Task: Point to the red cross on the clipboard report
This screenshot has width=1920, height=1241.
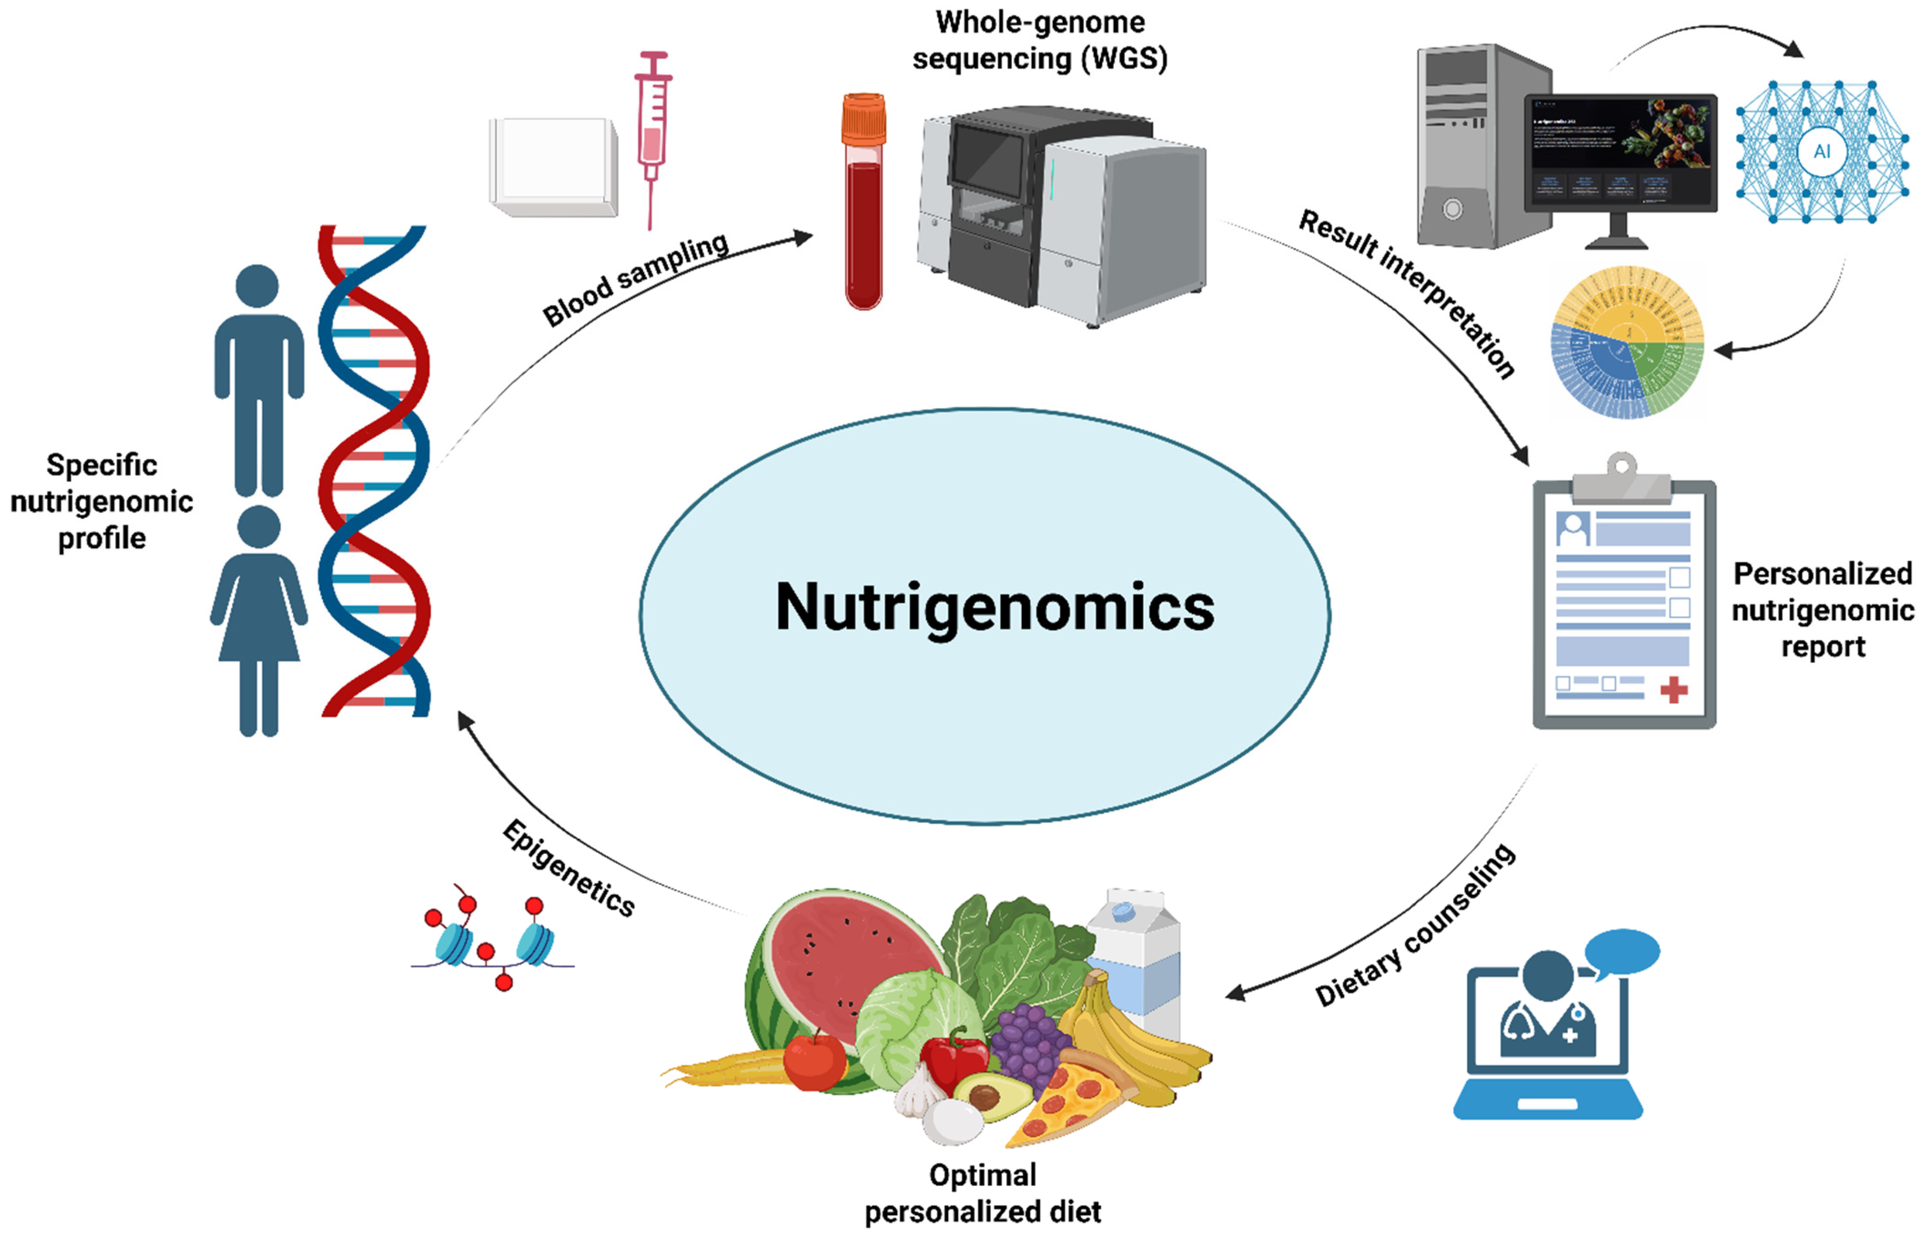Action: (1673, 690)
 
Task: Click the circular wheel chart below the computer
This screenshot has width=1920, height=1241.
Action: (1627, 343)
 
